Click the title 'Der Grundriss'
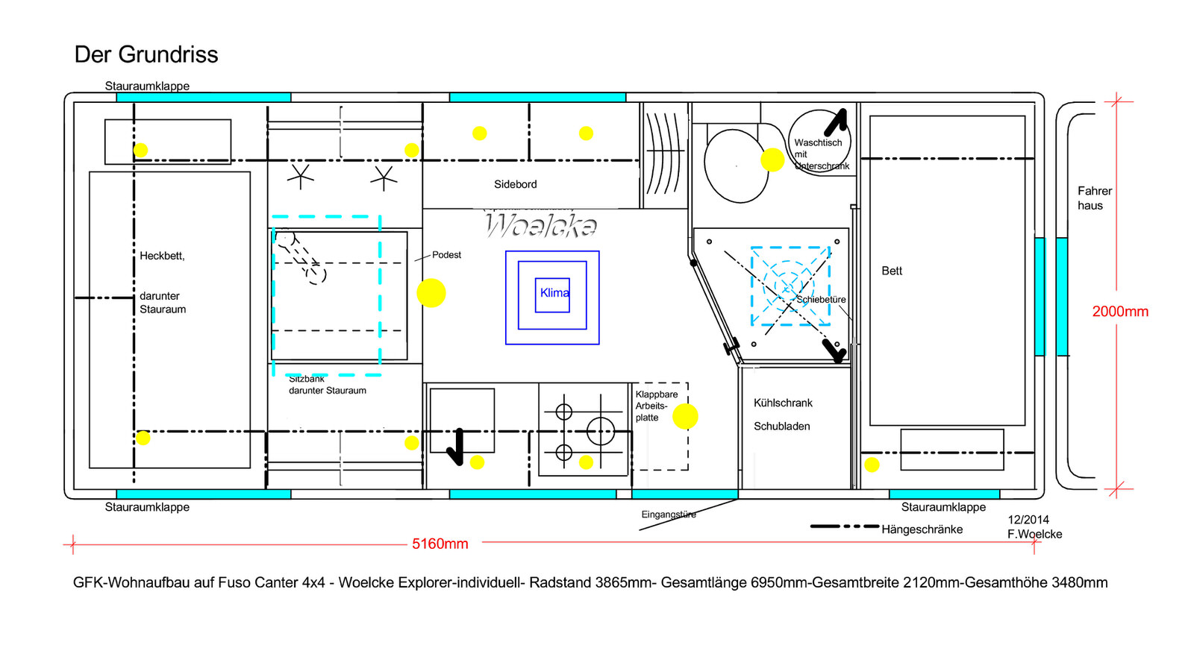point(146,54)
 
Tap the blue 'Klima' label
point(554,293)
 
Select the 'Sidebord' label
point(515,184)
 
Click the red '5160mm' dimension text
point(440,544)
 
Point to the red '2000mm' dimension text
point(1120,312)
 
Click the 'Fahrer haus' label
point(1094,198)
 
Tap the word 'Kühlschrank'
point(783,403)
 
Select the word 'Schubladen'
point(781,427)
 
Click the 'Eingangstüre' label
point(669,515)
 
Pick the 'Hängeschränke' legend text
point(922,529)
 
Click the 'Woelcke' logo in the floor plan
point(541,225)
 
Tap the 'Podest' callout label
point(446,255)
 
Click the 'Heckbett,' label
point(162,256)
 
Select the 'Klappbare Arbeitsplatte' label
point(656,406)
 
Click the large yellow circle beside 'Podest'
point(431,293)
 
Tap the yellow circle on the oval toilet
point(772,160)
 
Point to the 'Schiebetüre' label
point(821,300)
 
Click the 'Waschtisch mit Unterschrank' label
point(819,154)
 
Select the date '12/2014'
point(1028,520)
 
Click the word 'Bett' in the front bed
point(892,271)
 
